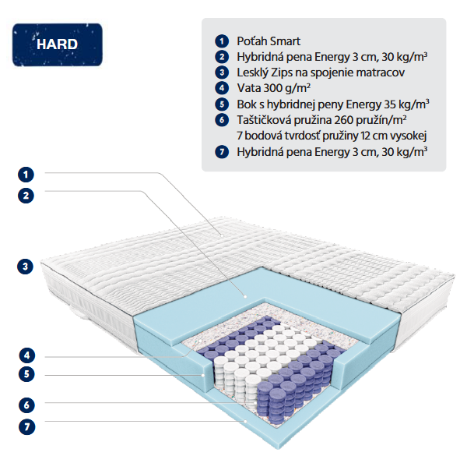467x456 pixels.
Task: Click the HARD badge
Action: coord(57,44)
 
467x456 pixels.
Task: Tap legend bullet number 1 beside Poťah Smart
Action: coord(222,41)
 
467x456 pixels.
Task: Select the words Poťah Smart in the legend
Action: coord(269,41)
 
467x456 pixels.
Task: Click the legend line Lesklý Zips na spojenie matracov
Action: coord(321,72)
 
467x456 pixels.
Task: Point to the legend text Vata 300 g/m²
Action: coord(273,88)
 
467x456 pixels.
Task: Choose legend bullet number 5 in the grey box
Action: coord(222,104)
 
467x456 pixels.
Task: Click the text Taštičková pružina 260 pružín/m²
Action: coord(321,120)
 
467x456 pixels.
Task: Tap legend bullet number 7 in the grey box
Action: coord(222,152)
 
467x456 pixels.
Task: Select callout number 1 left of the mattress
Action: coord(26,175)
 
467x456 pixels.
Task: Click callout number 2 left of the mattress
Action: coord(26,196)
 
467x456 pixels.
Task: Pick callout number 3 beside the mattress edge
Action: coord(26,267)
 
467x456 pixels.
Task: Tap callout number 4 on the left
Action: coord(26,355)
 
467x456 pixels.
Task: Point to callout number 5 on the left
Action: coord(26,374)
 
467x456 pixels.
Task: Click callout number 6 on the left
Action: coord(26,405)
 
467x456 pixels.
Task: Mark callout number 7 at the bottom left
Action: coord(26,427)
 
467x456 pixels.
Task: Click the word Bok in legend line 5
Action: coord(245,104)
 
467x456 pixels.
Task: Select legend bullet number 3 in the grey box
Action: coord(222,72)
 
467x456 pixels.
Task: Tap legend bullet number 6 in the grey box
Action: coord(222,120)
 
